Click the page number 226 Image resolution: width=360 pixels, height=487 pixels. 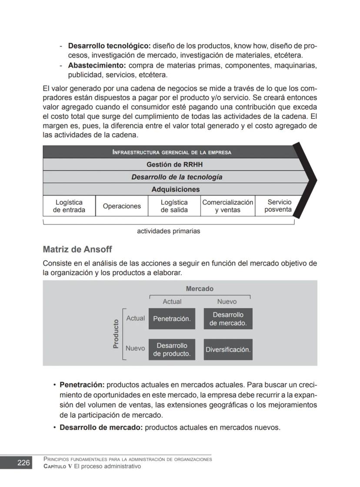[23, 463]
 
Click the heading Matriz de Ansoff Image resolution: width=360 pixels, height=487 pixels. [77, 249]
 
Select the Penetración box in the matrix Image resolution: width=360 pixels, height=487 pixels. [172, 319]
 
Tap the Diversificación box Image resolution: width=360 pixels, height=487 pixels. [228, 349]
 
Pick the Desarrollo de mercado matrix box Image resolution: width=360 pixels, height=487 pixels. [228, 319]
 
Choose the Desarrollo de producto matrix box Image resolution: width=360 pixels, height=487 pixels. [172, 349]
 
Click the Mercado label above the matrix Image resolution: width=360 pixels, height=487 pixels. [200, 289]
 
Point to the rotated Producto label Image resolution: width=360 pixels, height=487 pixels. [116, 334]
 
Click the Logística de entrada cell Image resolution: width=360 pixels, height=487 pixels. [69, 206]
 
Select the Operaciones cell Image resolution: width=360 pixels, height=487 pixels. [122, 206]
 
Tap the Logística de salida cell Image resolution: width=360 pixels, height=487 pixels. [174, 206]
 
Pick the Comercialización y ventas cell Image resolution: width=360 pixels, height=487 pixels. [227, 206]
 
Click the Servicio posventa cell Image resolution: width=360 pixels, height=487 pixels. [278, 206]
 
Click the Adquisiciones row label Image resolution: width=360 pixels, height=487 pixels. [175, 189]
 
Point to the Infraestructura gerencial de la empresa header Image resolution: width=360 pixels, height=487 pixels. [171, 152]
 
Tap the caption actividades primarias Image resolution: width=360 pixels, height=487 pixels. [168, 231]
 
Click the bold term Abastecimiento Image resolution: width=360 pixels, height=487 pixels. [97, 65]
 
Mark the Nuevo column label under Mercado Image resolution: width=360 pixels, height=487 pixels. [227, 301]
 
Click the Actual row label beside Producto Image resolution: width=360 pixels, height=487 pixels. [135, 318]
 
